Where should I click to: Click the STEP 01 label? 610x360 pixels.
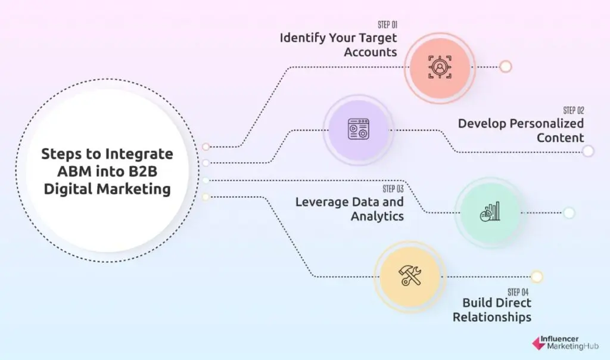[387, 24]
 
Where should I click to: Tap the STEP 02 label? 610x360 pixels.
[574, 110]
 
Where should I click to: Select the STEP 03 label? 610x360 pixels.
[393, 189]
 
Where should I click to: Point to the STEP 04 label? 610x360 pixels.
[518, 292]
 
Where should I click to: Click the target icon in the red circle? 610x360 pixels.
[440, 67]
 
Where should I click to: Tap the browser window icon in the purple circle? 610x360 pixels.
[359, 129]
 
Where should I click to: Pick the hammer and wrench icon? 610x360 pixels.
[410, 275]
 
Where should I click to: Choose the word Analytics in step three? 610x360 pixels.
[377, 216]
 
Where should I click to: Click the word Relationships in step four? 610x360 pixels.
[492, 317]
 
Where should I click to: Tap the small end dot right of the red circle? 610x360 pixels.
[506, 67]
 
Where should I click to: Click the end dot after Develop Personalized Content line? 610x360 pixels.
[588, 151]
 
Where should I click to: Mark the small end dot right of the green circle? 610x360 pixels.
[569, 213]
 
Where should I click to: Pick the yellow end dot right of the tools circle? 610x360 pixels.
[537, 277]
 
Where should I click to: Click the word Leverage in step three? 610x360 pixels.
[321, 202]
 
